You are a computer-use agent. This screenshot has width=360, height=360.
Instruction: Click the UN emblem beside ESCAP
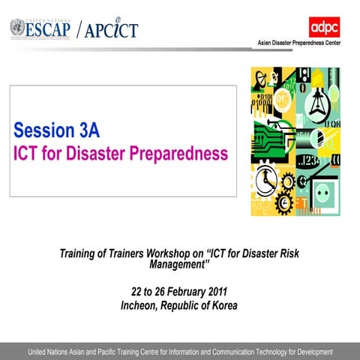(16, 28)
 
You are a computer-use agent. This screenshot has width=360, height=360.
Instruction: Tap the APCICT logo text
(110, 30)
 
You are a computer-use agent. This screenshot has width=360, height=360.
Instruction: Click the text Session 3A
(56, 130)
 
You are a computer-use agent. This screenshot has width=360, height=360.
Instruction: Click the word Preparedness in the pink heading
(179, 154)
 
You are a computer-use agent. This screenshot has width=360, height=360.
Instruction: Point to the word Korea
(222, 305)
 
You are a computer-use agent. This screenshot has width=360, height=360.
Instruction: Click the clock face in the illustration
(265, 181)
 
